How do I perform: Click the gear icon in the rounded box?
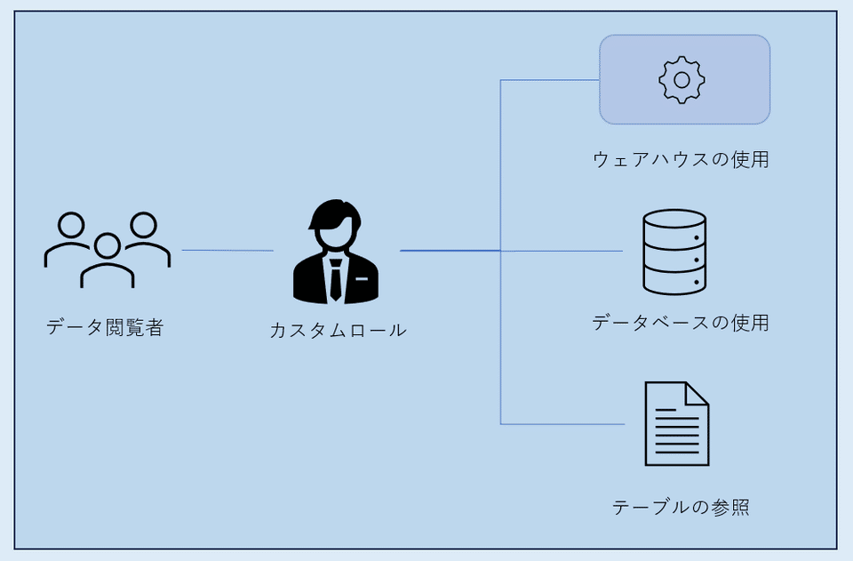point(682,80)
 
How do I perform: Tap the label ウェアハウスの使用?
point(681,160)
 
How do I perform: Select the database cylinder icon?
point(674,252)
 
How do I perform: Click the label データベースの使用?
point(681,323)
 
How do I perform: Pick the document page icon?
point(677,423)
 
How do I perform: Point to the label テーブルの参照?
point(681,508)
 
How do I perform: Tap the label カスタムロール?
point(338,331)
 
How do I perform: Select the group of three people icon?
point(107,251)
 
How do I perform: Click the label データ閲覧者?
point(105,328)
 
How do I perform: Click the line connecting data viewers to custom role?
point(227,251)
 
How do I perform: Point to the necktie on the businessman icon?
point(335,277)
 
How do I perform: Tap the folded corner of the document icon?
point(697,394)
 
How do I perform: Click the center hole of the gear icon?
point(682,80)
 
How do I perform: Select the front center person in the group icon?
point(108,262)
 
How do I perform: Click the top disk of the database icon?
point(674,220)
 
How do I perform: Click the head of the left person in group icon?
point(70,225)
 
